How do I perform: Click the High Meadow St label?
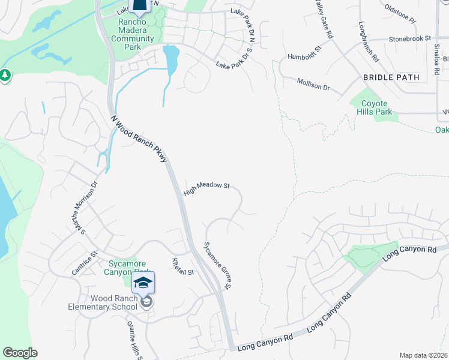pos(207,189)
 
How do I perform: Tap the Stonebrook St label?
pos(410,38)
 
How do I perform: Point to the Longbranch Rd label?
pos(369,43)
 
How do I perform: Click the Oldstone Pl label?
pos(400,16)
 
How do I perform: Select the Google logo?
pos(20,353)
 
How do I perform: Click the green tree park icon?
pos(5,76)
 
